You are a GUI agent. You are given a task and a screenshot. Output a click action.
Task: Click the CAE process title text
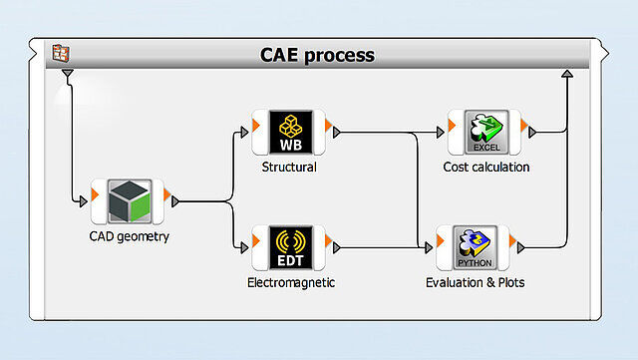click(x=317, y=55)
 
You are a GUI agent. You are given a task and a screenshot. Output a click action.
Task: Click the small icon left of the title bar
click(x=62, y=54)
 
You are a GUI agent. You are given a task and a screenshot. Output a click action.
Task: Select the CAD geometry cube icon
click(x=127, y=202)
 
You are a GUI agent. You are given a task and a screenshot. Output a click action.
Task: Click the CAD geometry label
click(x=129, y=237)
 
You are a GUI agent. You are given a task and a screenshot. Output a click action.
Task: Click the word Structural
click(x=289, y=167)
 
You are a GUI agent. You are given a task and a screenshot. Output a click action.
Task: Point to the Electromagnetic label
click(x=291, y=283)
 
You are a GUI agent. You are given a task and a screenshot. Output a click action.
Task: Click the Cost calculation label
click(x=486, y=167)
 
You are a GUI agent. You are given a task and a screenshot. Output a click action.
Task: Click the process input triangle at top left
click(x=67, y=74)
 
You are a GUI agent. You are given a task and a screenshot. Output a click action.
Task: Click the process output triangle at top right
click(x=567, y=74)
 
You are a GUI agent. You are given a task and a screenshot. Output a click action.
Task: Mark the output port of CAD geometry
click(x=175, y=202)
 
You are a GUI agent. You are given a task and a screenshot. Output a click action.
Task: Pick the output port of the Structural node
click(x=337, y=132)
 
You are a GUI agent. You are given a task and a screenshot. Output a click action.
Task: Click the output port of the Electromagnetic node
click(x=337, y=247)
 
